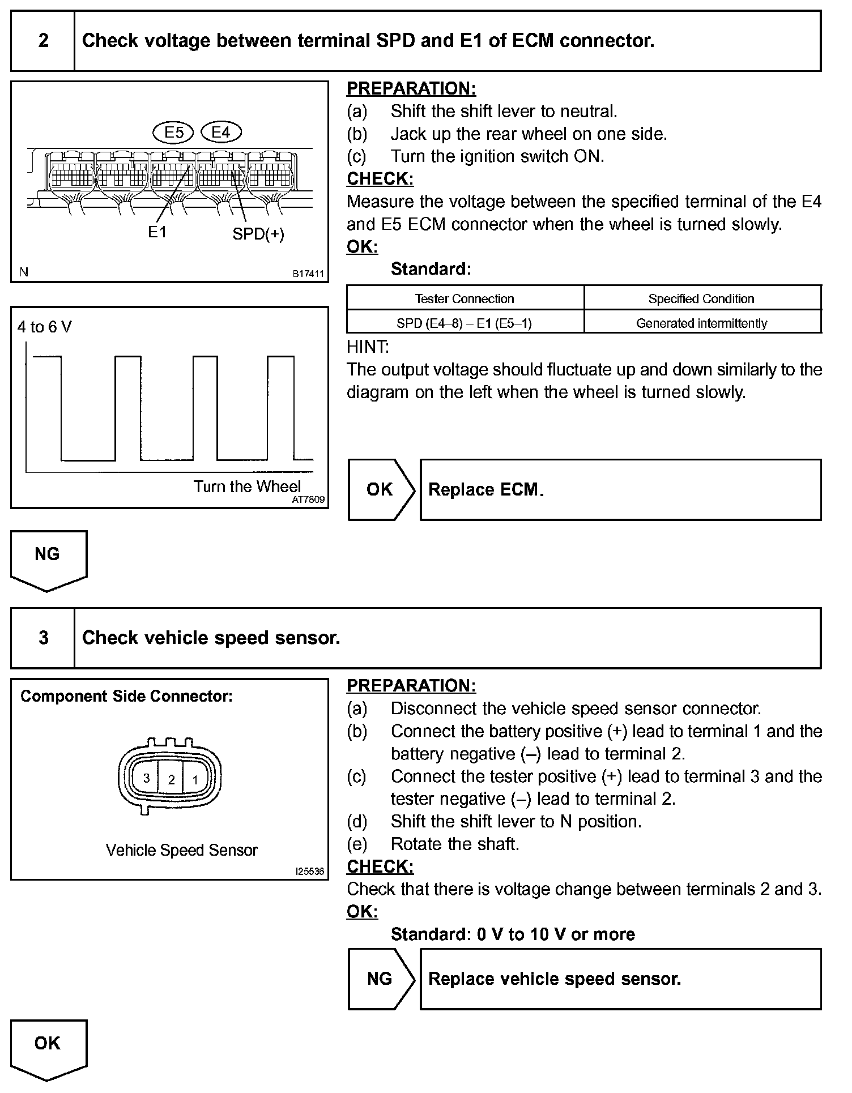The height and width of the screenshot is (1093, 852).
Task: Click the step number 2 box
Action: point(43,41)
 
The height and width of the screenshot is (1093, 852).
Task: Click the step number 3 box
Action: point(43,638)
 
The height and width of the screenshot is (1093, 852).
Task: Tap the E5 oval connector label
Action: point(173,133)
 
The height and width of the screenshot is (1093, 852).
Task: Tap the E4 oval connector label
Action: point(221,133)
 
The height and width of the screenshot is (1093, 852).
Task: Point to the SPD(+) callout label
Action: point(258,234)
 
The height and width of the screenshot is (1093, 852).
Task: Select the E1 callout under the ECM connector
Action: point(157,232)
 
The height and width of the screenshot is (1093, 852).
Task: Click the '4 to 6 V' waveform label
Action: point(45,327)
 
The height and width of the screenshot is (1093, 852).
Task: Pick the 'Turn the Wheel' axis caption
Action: point(247,486)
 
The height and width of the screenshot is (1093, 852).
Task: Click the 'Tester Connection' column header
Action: point(465,298)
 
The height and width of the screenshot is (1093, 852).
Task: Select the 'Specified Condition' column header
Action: point(701,298)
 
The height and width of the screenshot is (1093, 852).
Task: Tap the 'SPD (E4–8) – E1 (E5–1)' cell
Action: point(465,323)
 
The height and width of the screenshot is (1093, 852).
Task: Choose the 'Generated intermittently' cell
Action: point(701,323)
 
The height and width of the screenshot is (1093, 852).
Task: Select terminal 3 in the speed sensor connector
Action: point(146,778)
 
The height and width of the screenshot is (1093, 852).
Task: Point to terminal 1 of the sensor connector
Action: point(195,779)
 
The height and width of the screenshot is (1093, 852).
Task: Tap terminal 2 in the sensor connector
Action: point(171,779)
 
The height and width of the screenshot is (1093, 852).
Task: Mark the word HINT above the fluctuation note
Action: point(368,347)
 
